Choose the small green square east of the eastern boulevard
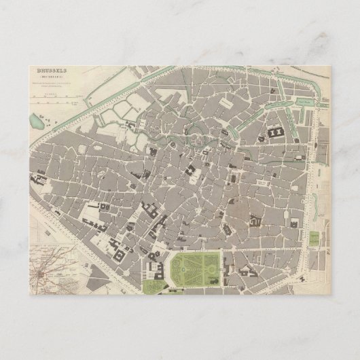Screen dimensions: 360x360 pos(314,238)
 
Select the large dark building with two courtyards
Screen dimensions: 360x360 pos(278,133)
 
